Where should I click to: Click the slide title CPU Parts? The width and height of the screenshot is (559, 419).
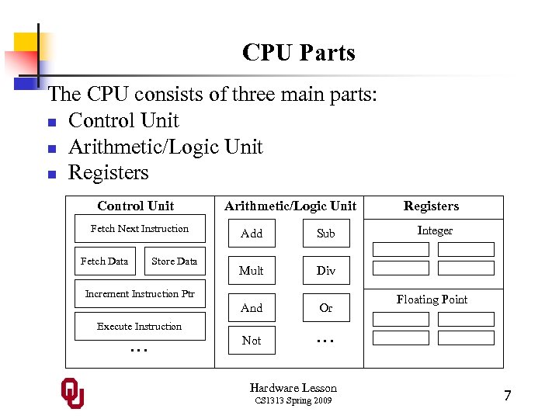(x=298, y=53)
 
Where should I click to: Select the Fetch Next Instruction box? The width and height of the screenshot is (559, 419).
(x=140, y=229)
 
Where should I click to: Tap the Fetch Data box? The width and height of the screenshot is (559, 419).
(x=104, y=261)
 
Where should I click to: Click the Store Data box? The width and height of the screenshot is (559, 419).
(x=175, y=261)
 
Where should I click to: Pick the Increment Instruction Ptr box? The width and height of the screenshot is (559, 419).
(x=140, y=294)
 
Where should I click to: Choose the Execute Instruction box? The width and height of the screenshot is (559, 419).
(x=140, y=327)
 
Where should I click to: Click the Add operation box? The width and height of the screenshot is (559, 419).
(x=252, y=233)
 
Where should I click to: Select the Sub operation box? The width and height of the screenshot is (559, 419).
(x=326, y=233)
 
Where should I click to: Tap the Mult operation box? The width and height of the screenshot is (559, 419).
(x=252, y=270)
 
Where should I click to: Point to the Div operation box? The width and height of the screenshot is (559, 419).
(x=326, y=270)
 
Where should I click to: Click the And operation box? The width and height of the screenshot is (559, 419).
(x=252, y=308)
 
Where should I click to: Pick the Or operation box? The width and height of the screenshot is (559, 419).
(x=326, y=308)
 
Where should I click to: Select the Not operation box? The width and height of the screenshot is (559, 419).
(x=252, y=341)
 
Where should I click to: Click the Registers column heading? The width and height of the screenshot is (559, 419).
(x=431, y=206)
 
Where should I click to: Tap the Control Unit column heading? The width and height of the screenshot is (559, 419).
(x=136, y=206)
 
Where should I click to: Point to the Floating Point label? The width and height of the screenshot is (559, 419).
(x=432, y=300)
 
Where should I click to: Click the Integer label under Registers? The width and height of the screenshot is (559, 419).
(x=435, y=230)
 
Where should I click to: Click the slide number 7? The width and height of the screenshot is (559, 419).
(x=507, y=396)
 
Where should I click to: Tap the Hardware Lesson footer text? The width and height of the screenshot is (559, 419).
(x=293, y=388)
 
